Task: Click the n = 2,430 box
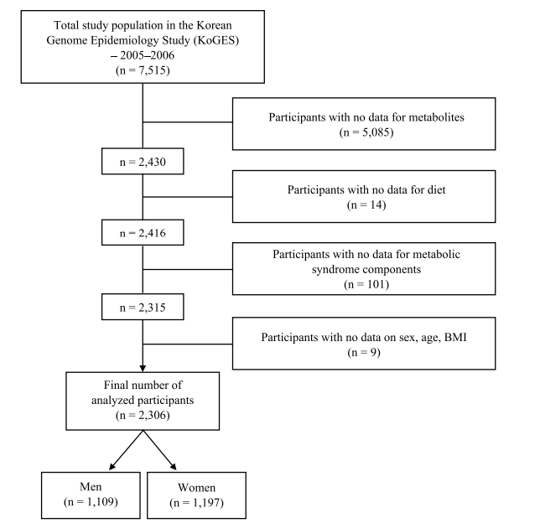pos(143,162)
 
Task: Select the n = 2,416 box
pos(143,233)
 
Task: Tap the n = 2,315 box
pos(143,307)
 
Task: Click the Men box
pos(91,495)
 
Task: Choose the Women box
pos(197,495)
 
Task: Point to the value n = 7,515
pos(143,70)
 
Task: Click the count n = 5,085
pos(366,132)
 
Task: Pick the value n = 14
pos(366,204)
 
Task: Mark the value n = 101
pos(366,284)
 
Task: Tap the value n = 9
pos(364,353)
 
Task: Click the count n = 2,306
pos(143,415)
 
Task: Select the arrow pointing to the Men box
pos(126,450)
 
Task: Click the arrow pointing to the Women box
pos(159,450)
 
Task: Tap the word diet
pos(436,189)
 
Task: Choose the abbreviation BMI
pos(455,337)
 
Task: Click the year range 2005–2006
pos(147,55)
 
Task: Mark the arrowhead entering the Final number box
pos(143,369)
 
